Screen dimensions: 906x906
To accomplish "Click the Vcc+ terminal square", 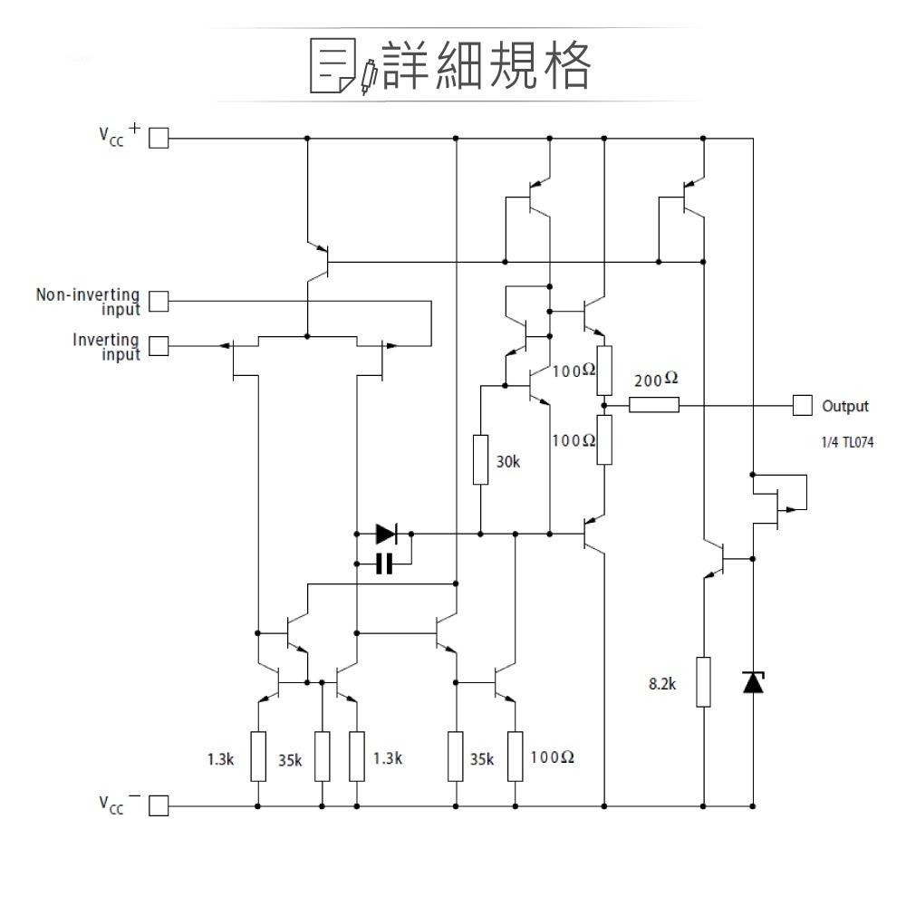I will pos(159,138).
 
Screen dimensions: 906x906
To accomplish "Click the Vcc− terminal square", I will pos(159,805).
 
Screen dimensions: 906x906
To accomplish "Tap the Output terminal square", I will pos(802,405).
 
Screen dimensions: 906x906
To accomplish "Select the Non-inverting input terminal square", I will pos(159,301).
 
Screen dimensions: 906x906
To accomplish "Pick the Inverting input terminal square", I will pos(159,346).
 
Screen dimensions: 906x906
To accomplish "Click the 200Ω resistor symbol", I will pos(653,405).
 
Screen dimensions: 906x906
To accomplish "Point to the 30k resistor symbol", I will pos(481,460).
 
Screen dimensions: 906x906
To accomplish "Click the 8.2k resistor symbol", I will pos(703,682).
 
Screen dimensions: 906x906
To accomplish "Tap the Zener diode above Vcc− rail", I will pos(753,681).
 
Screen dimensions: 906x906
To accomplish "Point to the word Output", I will pos(844,406).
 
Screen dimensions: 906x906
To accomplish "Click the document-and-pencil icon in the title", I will pos(342,66).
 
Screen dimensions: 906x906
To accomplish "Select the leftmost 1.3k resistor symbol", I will pos(258,757).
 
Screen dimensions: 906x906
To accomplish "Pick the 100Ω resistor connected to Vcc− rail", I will pos(516,757).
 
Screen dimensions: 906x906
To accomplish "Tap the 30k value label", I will pos(508,462).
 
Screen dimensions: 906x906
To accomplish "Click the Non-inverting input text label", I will pos(88,302).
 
